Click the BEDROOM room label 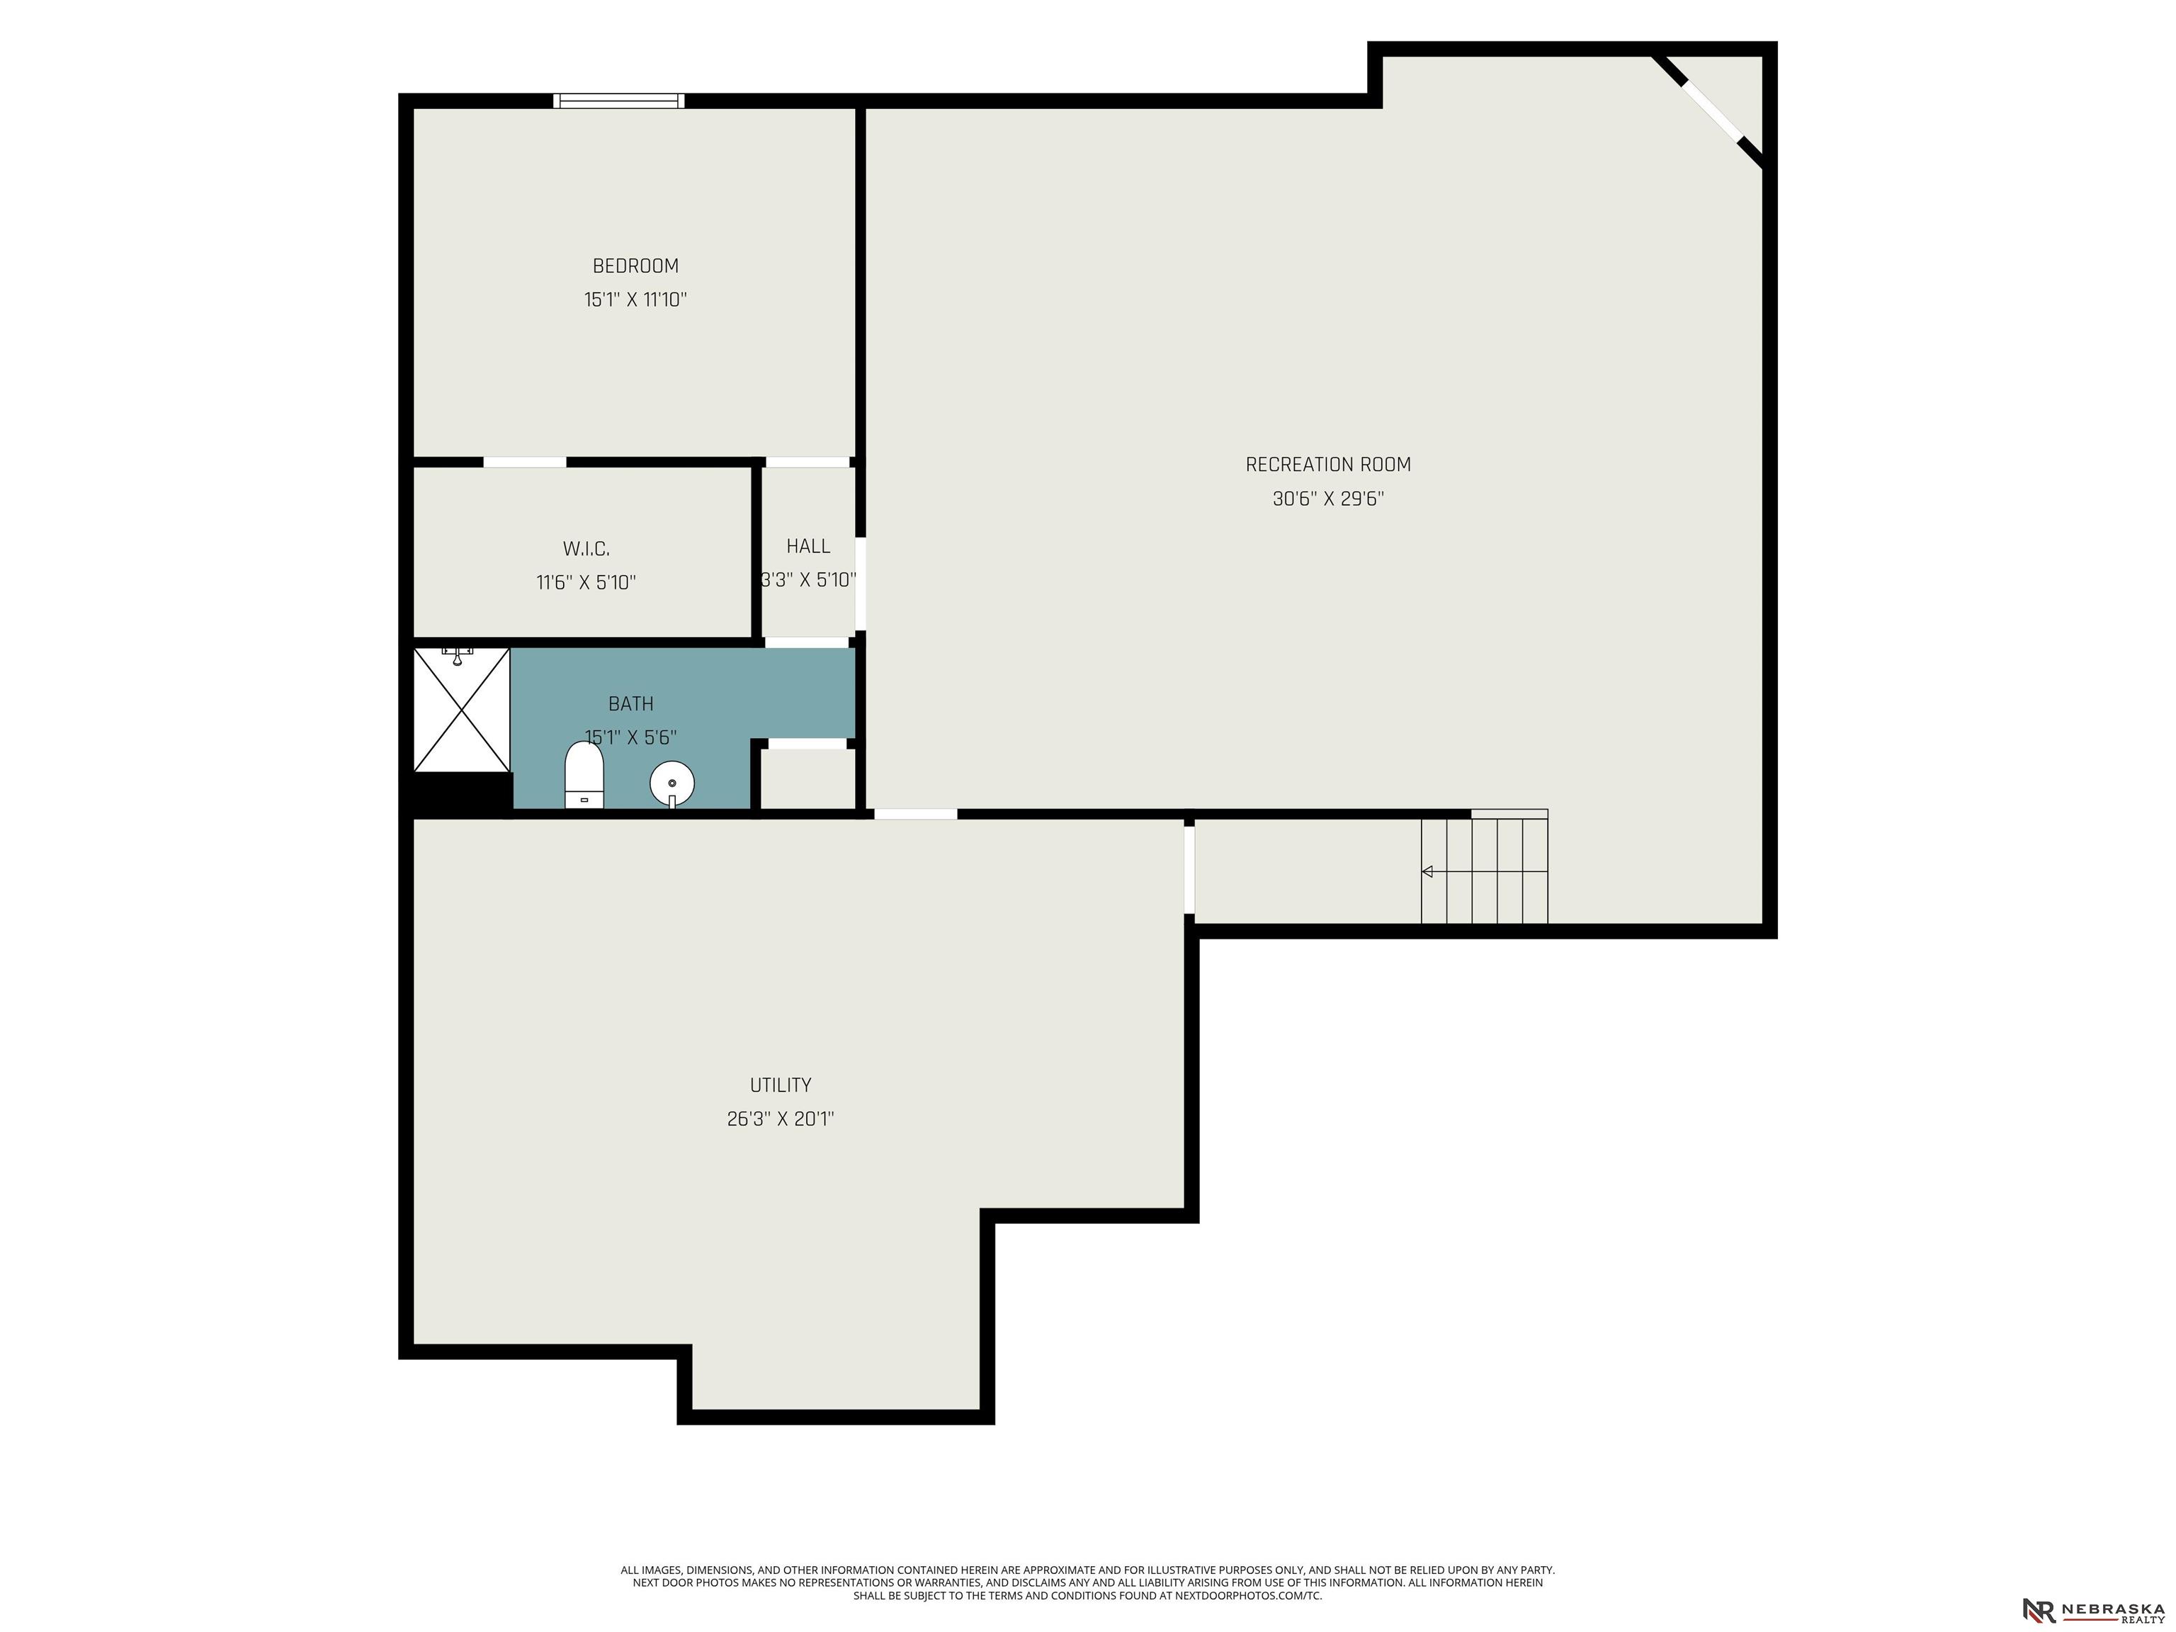pyautogui.click(x=635, y=266)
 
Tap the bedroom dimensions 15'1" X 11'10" pyautogui.click(x=635, y=299)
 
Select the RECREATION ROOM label pyautogui.click(x=1328, y=465)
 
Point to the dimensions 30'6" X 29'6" pyautogui.click(x=1328, y=499)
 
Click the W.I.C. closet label pyautogui.click(x=586, y=549)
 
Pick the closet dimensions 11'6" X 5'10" pyautogui.click(x=586, y=582)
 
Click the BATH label pyautogui.click(x=630, y=703)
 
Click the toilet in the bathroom pyautogui.click(x=584, y=775)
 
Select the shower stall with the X pyautogui.click(x=461, y=709)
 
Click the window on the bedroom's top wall pyautogui.click(x=619, y=101)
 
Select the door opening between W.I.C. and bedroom pyautogui.click(x=524, y=461)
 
